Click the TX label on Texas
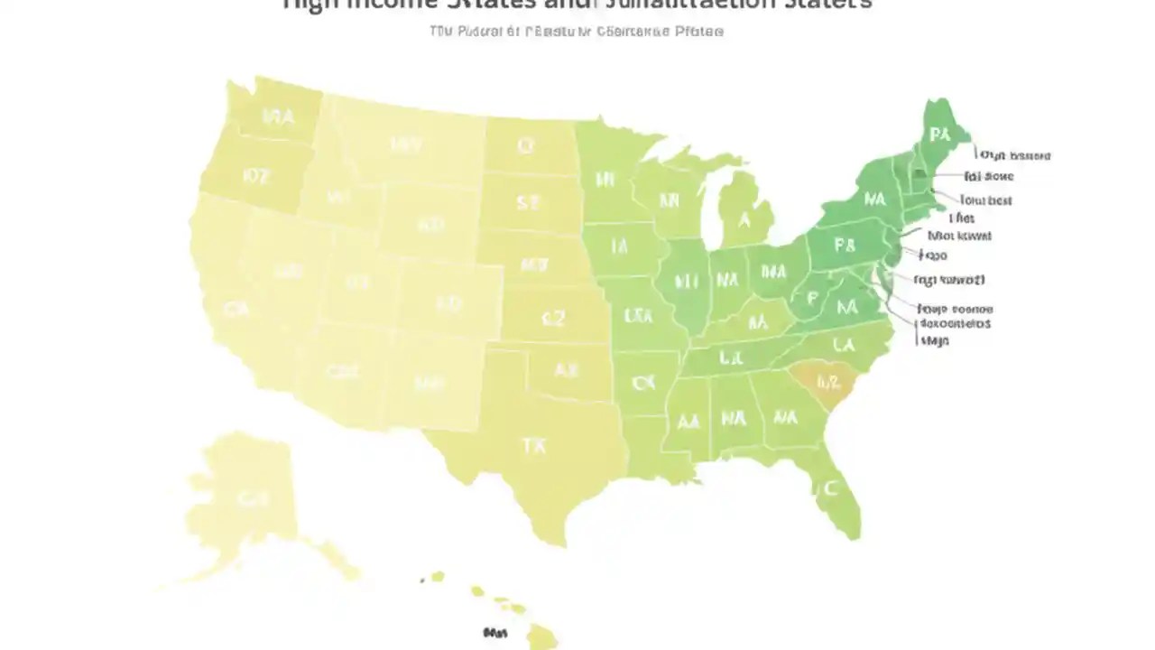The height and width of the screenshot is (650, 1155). pyautogui.click(x=533, y=445)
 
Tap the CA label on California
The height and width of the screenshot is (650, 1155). pyautogui.click(x=236, y=311)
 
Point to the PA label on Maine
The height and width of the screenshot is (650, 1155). pyautogui.click(x=940, y=135)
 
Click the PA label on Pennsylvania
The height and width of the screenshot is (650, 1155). pyautogui.click(x=845, y=246)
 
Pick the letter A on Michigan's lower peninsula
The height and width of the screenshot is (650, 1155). pyautogui.click(x=744, y=219)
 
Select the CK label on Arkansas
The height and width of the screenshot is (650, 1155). pyautogui.click(x=642, y=383)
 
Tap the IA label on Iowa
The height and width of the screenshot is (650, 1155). pyautogui.click(x=619, y=246)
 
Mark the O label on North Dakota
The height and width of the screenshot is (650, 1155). pyautogui.click(x=526, y=145)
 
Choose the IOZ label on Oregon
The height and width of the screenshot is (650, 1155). pyautogui.click(x=256, y=175)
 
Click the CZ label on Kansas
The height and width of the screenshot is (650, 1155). pyautogui.click(x=552, y=318)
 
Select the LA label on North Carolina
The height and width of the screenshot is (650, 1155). pyautogui.click(x=844, y=344)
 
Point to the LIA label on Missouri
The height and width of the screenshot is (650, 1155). pyautogui.click(x=638, y=316)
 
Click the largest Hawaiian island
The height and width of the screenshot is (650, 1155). pyautogui.click(x=541, y=636)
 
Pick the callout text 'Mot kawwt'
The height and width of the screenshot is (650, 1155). pyautogui.click(x=960, y=236)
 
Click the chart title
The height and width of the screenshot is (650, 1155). pyautogui.click(x=577, y=5)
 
